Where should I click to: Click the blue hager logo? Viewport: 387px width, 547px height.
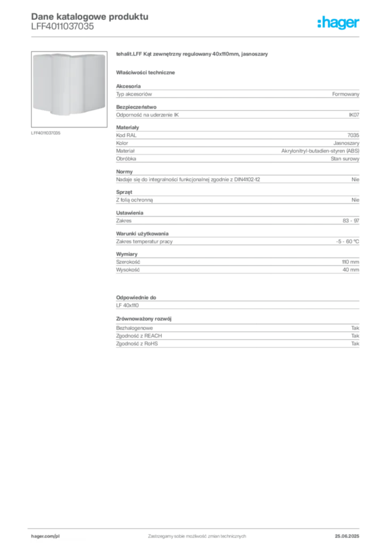[339, 24]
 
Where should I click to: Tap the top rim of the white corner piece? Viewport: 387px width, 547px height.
[68, 54]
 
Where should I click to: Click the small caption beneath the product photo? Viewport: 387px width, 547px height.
[47, 132]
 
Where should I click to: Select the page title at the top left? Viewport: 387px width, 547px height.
[89, 15]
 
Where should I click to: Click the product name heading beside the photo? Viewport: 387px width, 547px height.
[192, 55]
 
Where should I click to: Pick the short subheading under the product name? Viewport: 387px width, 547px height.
[148, 72]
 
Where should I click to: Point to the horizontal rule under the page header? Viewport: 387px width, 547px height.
[197, 36]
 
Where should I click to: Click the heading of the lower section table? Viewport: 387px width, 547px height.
[137, 295]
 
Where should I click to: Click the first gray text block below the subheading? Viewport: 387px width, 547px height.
[237, 94]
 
